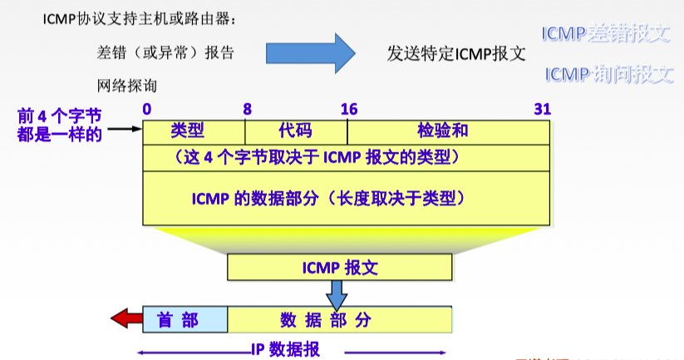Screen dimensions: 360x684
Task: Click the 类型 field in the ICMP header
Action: [x=194, y=131]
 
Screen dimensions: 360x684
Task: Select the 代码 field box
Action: [x=296, y=131]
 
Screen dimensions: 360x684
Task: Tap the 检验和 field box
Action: [x=448, y=131]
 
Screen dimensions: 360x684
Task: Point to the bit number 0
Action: [x=147, y=109]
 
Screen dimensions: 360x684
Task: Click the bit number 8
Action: [x=247, y=109]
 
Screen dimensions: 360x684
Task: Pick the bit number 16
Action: [x=349, y=109]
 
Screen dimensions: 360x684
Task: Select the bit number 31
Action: [x=542, y=109]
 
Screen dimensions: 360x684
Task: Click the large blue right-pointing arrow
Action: [x=310, y=53]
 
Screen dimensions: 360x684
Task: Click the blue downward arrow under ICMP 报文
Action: [x=337, y=293]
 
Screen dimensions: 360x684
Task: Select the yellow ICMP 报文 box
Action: [x=340, y=268]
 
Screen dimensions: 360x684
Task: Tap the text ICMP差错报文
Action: [x=606, y=34]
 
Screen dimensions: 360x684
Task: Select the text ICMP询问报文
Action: [x=609, y=75]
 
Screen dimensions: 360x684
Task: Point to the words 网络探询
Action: [x=126, y=85]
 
